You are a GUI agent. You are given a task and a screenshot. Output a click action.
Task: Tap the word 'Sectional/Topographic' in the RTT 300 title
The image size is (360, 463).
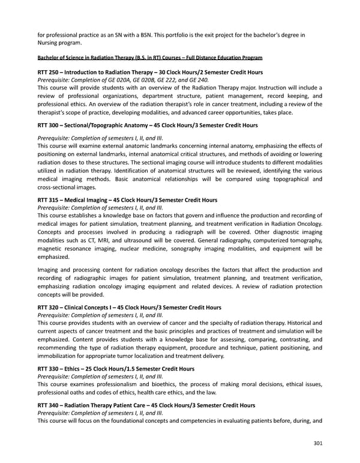pyautogui.click(x=98, y=125)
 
